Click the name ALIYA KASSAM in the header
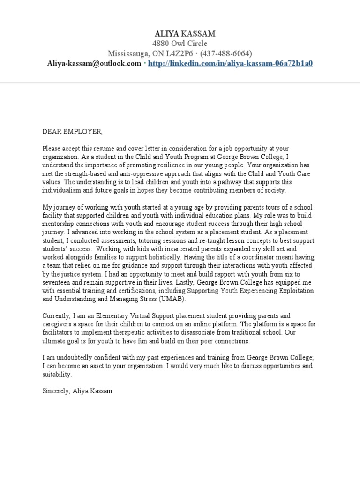pos(180,34)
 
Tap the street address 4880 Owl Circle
pos(180,44)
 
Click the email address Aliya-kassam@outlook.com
pos(94,63)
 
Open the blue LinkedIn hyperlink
pos(230,63)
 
